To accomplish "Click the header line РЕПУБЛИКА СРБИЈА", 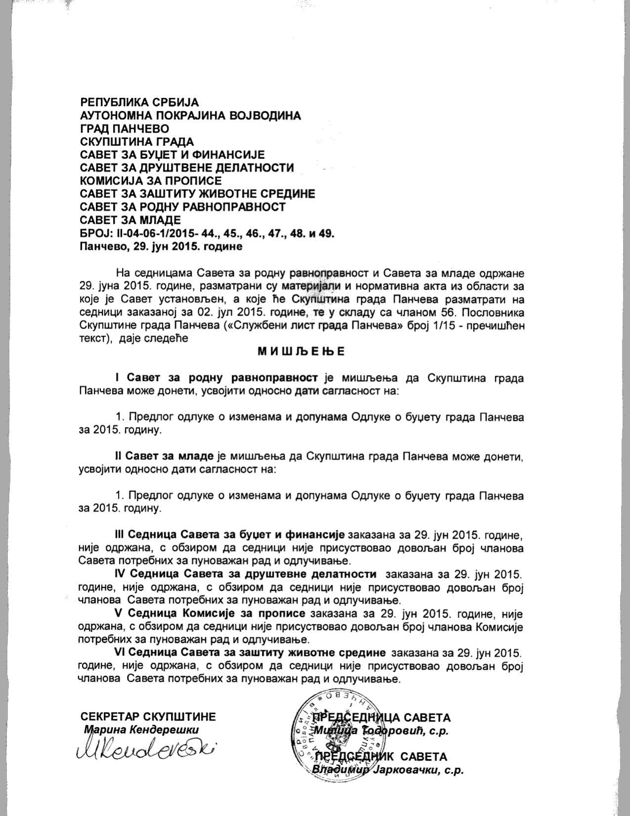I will coord(139,103).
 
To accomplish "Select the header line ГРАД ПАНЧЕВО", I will coord(125,129).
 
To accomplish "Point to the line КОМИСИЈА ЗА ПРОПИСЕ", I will coord(151,180).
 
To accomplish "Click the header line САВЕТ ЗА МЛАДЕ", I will coord(130,219).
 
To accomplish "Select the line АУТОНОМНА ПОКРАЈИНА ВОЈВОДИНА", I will coord(190,116).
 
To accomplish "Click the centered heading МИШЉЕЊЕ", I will coord(301,352).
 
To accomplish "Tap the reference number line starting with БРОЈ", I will coord(207,233).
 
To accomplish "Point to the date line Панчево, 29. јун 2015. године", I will coord(161,246).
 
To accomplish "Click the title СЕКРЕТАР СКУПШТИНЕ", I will coord(148,717).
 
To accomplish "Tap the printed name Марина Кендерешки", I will coord(141,730).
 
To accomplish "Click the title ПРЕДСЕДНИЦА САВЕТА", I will coord(382,718).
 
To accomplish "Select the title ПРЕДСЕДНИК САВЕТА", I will coord(381,757).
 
